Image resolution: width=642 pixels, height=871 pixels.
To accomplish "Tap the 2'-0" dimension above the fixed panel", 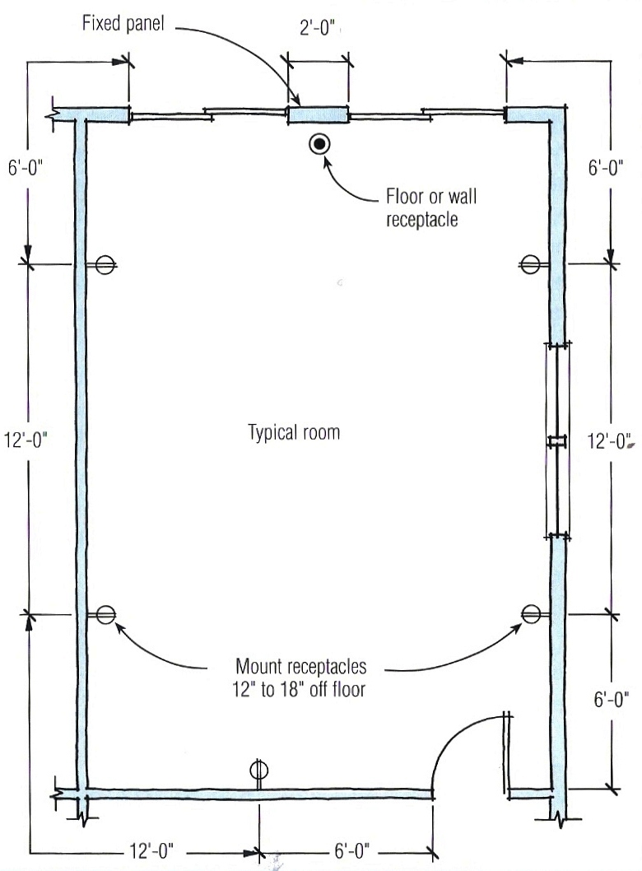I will [317, 29].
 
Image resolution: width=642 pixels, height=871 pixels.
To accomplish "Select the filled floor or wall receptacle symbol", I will [319, 145].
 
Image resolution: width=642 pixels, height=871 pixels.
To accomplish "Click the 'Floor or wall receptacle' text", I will [431, 209].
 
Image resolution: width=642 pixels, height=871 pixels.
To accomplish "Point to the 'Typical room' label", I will [294, 432].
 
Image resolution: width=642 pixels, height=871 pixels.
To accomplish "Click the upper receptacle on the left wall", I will [104, 264].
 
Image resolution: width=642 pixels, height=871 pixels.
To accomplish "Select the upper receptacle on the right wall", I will [530, 264].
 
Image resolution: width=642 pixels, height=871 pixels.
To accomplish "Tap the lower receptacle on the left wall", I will [104, 614].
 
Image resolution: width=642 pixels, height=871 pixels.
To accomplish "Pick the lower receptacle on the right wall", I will [531, 613].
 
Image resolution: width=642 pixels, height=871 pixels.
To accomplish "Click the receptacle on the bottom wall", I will [259, 770].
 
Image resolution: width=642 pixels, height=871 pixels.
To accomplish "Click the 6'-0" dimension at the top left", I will [29, 167].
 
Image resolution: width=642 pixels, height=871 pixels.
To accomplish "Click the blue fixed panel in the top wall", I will [318, 116].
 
